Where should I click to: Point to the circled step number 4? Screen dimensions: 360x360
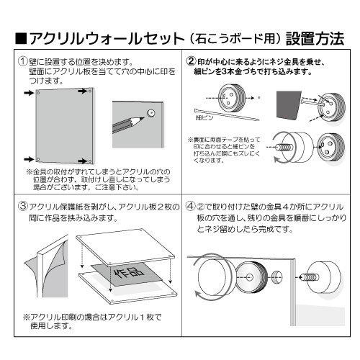[x=192, y=207]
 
